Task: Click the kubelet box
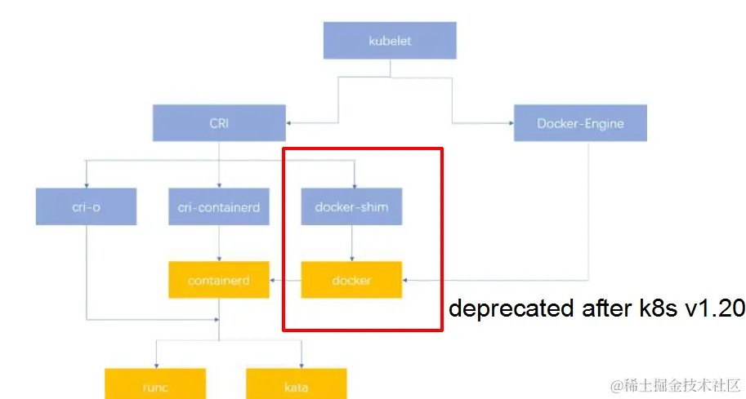point(389,40)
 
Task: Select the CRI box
point(219,123)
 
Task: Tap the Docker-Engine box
point(580,123)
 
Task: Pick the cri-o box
point(86,206)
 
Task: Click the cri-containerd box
point(219,206)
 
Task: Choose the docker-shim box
point(351,206)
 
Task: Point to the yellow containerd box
point(219,280)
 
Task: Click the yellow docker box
point(351,280)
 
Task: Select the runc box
point(154,386)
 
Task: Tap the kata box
point(296,386)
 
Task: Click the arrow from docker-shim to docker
point(351,243)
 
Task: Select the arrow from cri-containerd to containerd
point(219,243)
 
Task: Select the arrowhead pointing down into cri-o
point(86,184)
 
